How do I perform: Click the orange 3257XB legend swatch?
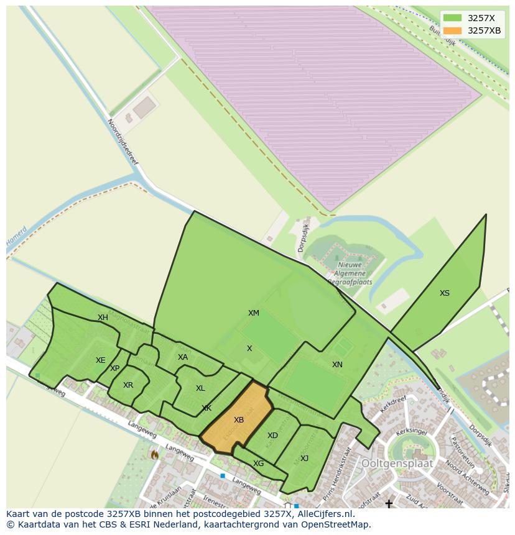pos(452,30)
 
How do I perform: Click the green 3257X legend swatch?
pos(452,18)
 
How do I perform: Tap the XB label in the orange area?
pos(239,420)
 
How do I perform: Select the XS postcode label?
pos(445,293)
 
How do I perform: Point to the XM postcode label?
pos(254,313)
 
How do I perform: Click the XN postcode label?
pos(337,365)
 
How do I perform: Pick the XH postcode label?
pos(103,318)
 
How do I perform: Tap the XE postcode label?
pos(101,360)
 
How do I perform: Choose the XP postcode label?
pos(115,368)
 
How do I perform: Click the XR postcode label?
pos(128,385)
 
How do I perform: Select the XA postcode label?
pos(183,357)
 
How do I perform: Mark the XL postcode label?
pos(200,388)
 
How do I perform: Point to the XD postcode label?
pos(272,436)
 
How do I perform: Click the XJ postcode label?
pos(304,459)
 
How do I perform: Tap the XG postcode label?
pos(259,464)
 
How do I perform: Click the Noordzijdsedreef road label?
pos(123,142)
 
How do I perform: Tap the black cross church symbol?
pos(389,504)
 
